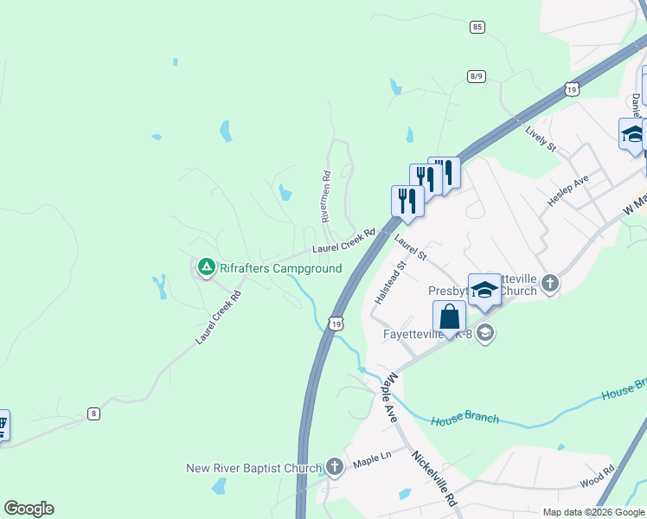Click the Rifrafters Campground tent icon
coord(206,267)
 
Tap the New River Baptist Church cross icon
coord(335,468)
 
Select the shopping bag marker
coord(449,317)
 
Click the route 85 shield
coord(477,28)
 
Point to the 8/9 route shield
coord(476,76)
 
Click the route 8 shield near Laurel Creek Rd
coord(93,413)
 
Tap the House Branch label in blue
coord(465,419)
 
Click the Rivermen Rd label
coord(327,197)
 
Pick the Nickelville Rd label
coord(434,477)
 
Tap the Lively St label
coord(541,138)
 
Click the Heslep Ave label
coord(567,189)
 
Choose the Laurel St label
coord(411,247)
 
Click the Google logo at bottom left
coord(29,509)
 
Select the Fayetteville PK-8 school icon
coord(486,333)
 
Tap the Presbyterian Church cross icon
coord(550,283)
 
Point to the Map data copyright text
coord(593,512)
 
